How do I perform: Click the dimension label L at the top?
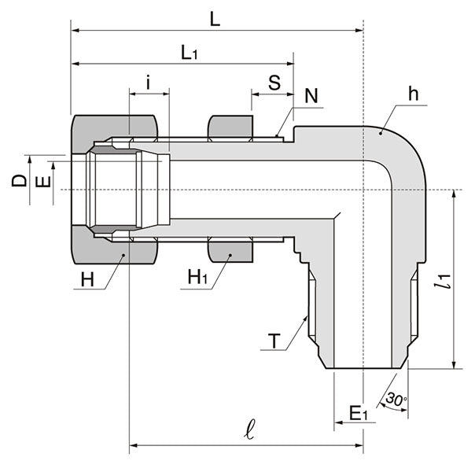(215, 19)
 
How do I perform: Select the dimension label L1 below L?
(190, 53)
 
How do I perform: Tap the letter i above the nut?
(148, 82)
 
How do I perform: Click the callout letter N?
(311, 96)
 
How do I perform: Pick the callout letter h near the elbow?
(413, 94)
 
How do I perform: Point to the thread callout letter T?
(273, 341)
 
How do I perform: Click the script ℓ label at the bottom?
(251, 431)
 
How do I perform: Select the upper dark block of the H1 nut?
(230, 126)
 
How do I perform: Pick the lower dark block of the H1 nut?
(230, 253)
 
